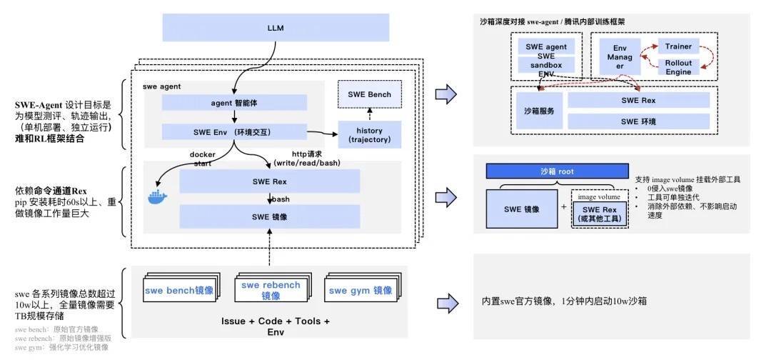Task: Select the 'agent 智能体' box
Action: coord(234,103)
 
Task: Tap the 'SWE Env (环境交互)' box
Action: coord(234,132)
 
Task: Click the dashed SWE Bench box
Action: coord(369,94)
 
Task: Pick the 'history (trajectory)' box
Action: coord(369,134)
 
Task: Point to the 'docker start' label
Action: coord(202,159)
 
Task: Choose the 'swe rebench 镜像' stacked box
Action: coord(270,291)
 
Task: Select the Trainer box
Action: coord(678,46)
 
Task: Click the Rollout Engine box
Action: coord(678,68)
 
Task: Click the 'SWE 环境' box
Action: coord(639,121)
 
